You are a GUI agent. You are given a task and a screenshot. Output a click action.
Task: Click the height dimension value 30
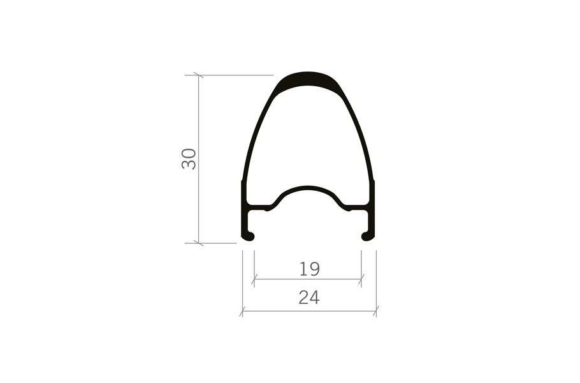[189, 159]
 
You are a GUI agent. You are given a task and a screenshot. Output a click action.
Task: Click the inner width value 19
[309, 269]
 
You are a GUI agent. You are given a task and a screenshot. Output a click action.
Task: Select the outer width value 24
[309, 297]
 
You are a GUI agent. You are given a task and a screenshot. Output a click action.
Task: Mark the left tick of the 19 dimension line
[254, 280]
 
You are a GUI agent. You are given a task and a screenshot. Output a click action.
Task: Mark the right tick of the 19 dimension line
[361, 280]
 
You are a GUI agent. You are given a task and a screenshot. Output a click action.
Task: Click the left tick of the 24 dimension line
[242, 311]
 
